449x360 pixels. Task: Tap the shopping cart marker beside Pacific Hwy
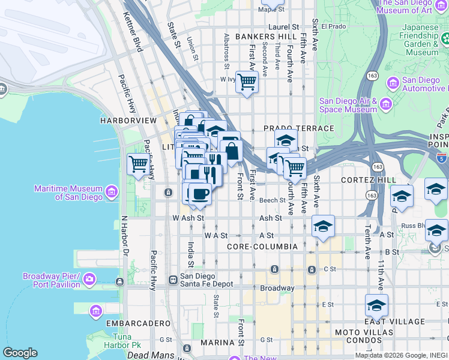click(138, 164)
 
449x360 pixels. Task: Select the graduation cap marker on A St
click(323, 226)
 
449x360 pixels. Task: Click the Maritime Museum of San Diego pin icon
click(112, 192)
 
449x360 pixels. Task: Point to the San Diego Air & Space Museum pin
click(385, 105)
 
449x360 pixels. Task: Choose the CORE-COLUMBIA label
click(262, 247)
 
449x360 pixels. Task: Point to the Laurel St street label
click(284, 27)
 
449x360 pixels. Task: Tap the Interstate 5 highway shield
click(442, 158)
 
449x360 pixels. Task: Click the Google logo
click(20, 353)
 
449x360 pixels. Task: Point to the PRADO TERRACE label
click(299, 128)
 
